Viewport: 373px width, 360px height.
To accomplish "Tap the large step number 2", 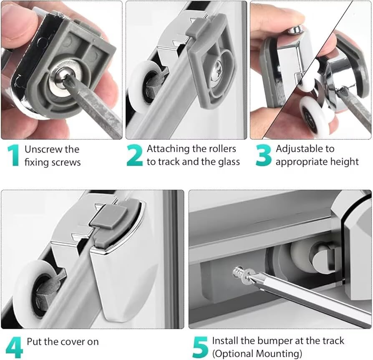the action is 135,155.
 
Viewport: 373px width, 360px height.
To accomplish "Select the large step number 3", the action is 264,155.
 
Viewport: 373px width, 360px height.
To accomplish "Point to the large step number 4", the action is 14,347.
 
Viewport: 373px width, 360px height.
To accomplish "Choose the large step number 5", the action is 201,347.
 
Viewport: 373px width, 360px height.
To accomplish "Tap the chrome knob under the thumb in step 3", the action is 295,30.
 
